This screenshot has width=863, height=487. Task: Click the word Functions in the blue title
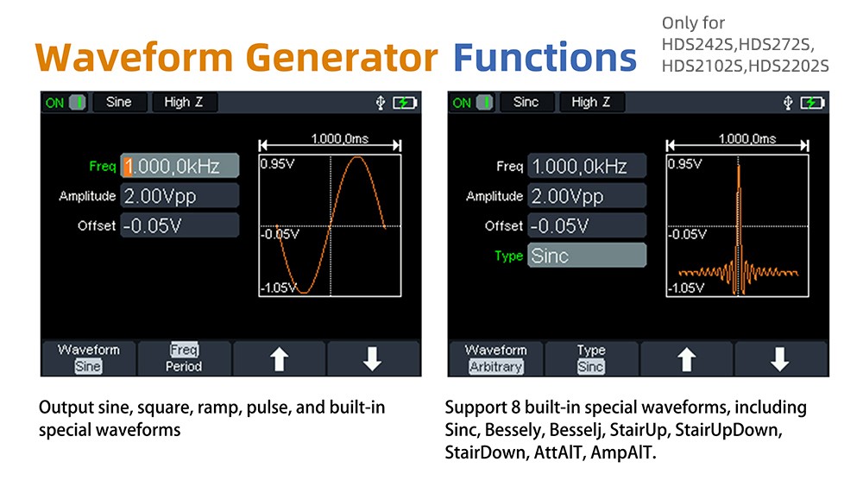pos(545,57)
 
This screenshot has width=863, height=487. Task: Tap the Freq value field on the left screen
pos(180,166)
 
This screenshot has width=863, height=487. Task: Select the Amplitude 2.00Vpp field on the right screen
pos(587,195)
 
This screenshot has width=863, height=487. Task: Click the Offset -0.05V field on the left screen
pos(180,225)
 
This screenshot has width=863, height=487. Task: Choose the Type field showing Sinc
pos(587,255)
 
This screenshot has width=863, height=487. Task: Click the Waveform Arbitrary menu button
pos(496,358)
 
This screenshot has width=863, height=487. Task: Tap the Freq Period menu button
pos(184,358)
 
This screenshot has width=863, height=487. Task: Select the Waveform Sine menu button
pos(89,358)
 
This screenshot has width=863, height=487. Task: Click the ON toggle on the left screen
pos(66,103)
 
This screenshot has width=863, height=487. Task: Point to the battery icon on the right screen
pos(812,103)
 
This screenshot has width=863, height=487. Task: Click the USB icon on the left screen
pos(381,103)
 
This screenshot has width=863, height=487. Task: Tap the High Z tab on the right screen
pos(590,103)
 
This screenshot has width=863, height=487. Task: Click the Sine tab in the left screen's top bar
pos(119,103)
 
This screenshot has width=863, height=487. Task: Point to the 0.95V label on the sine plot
pos(277,164)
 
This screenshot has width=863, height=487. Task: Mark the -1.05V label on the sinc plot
pos(686,288)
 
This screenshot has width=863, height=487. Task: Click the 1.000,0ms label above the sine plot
pos(339,139)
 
